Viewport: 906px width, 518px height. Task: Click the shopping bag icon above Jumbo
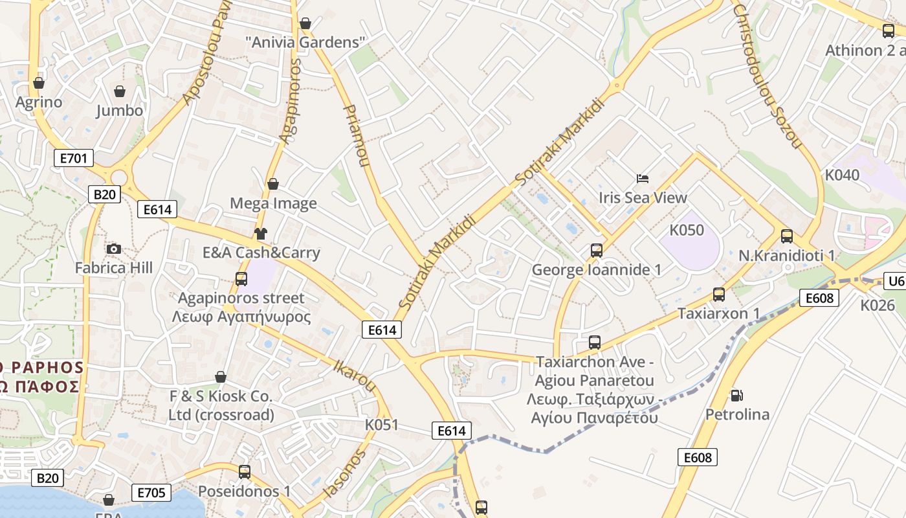coord(119,91)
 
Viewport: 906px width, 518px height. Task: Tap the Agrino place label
coord(39,102)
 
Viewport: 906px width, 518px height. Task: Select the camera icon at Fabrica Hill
coord(114,249)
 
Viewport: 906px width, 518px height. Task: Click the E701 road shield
coord(73,158)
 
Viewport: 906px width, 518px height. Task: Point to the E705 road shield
coord(151,493)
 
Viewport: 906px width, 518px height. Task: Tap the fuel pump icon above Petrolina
coord(736,395)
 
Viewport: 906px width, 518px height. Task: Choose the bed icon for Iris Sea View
coord(643,178)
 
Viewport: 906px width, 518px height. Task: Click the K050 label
coord(687,230)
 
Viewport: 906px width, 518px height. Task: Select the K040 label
coord(842,175)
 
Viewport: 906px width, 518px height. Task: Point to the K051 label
coord(382,425)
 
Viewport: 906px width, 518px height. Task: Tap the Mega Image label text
coord(273,203)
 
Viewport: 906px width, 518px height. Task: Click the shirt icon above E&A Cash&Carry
coord(261,233)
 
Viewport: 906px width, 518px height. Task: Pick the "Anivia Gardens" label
coord(305,43)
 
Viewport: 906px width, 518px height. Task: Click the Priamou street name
coord(357,135)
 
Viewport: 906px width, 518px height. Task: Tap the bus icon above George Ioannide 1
coord(597,250)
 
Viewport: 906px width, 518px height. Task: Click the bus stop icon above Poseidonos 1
coord(244,471)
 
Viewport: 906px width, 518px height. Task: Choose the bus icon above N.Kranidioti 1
coord(787,236)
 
